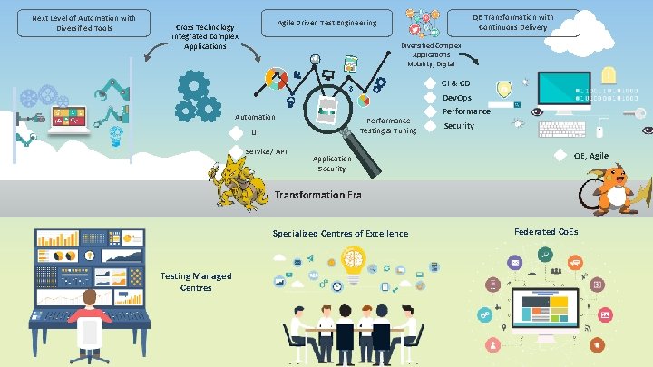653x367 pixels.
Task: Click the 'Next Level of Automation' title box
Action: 83,22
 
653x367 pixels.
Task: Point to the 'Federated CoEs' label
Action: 545,232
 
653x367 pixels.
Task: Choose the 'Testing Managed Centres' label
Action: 195,282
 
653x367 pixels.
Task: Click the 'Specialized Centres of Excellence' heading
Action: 340,234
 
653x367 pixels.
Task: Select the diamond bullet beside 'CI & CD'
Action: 431,84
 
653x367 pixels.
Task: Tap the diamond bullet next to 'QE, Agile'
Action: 560,156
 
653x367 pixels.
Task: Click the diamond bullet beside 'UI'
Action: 237,133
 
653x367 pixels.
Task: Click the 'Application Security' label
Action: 332,163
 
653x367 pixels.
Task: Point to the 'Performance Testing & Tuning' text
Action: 388,125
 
